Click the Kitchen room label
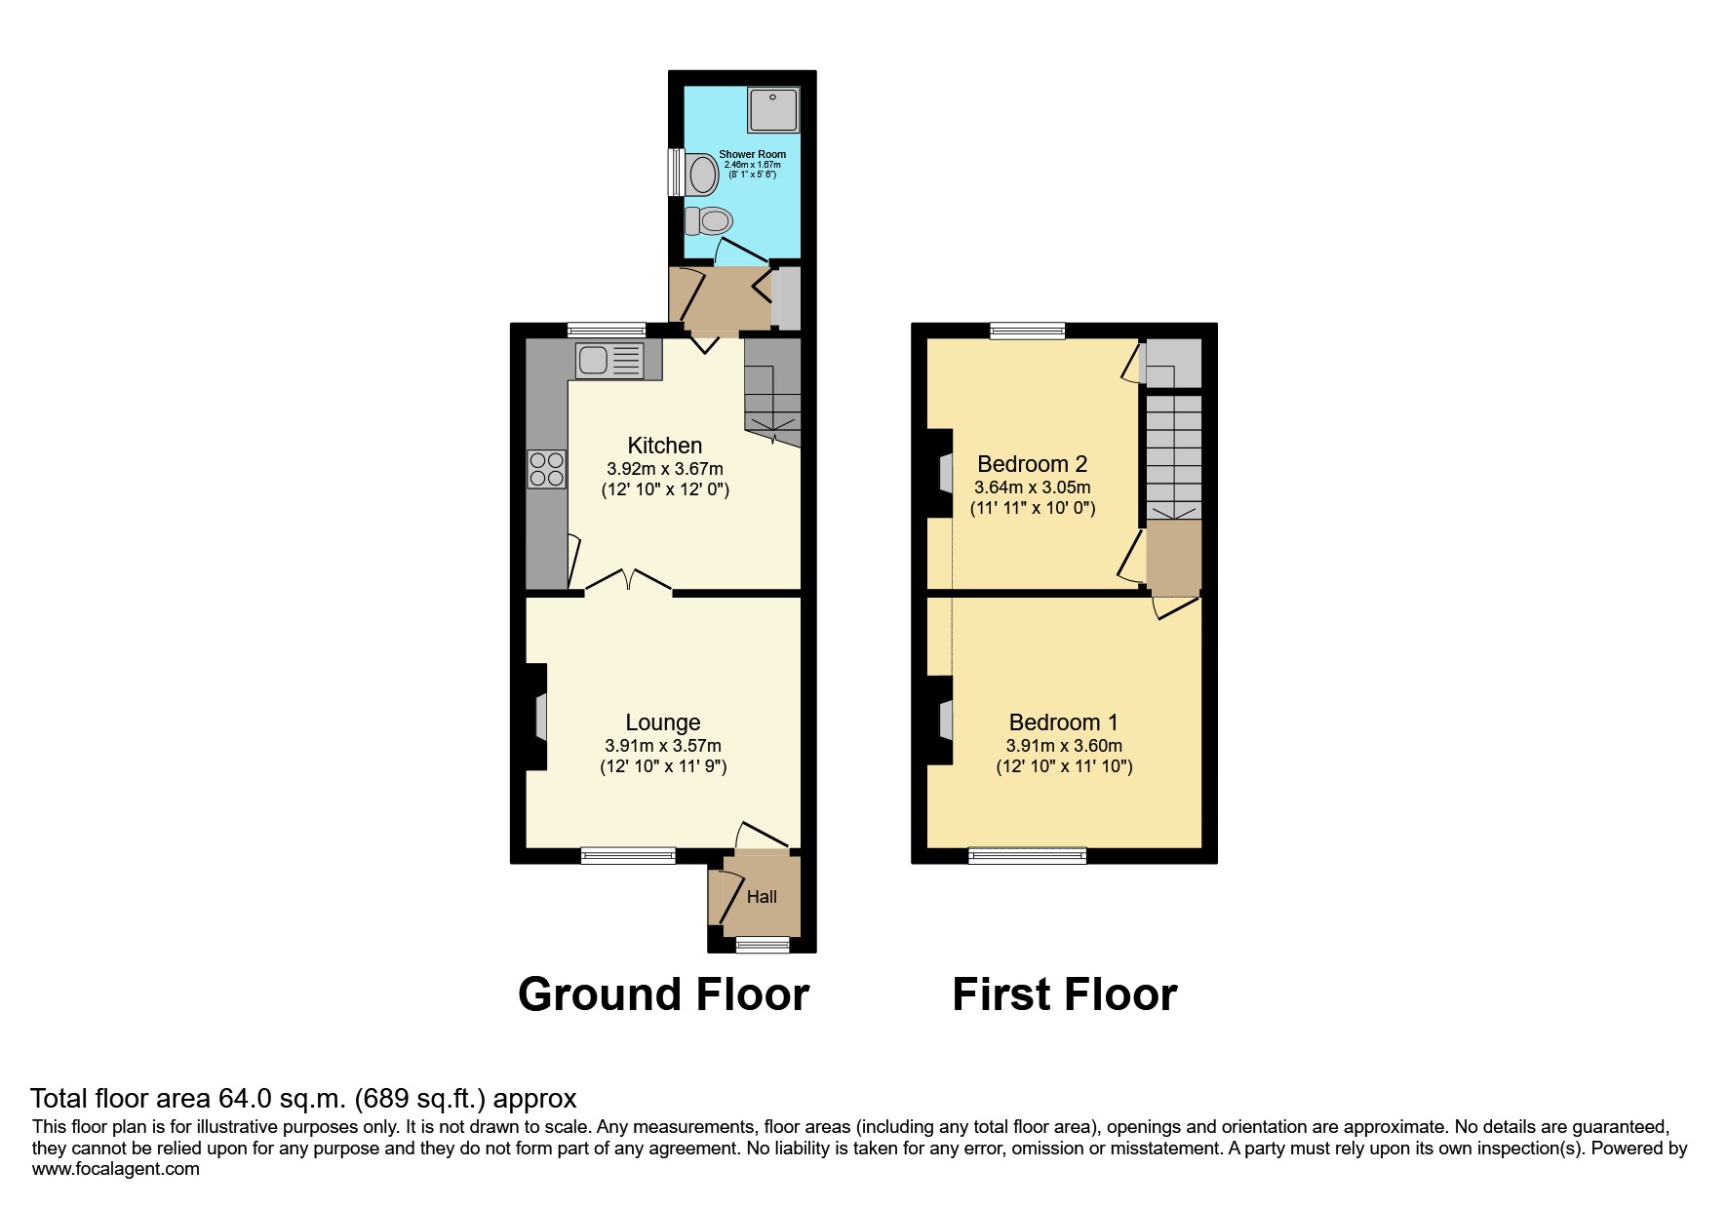click(664, 446)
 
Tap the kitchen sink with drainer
click(609, 361)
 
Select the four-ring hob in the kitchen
click(546, 468)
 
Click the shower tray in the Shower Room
click(773, 109)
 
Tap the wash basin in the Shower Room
click(701, 175)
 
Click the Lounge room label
click(663, 722)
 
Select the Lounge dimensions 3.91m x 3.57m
click(663, 746)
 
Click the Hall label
click(762, 897)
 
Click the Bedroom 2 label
click(1032, 464)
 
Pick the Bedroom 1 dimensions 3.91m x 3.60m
click(1064, 746)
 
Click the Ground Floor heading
click(663, 994)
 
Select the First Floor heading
click(1064, 994)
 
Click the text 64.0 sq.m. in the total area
click(282, 1099)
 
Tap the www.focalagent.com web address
click(115, 1169)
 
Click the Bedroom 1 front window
click(1027, 856)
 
